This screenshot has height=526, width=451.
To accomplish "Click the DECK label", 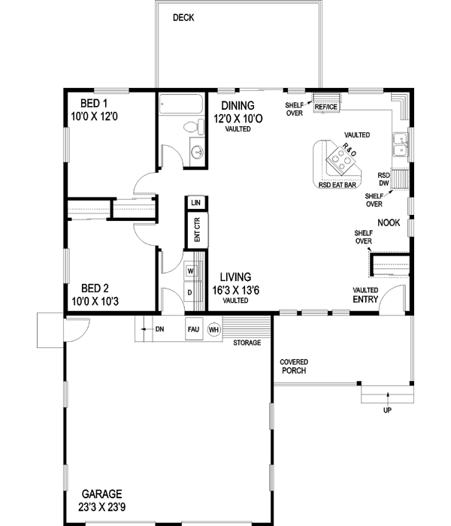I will [183, 17].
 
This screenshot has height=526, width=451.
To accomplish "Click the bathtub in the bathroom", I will [181, 103].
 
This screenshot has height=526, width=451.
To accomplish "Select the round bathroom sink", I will [197, 153].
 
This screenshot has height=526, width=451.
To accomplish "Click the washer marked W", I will [191, 271].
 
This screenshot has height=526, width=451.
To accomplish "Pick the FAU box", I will [194, 328].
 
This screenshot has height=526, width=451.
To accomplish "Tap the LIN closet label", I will [195, 204].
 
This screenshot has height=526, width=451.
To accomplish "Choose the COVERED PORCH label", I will [295, 366].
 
